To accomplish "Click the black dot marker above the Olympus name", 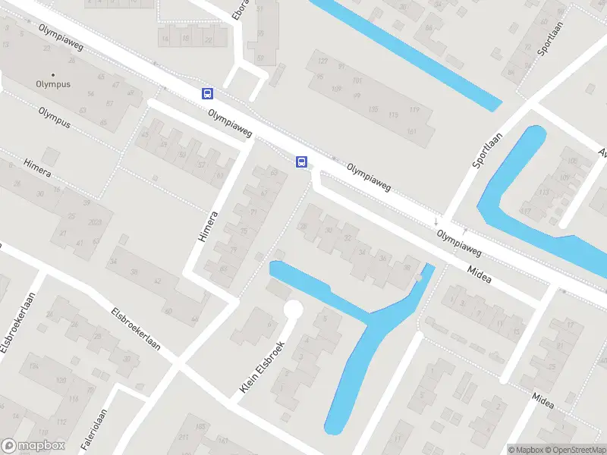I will coord(52,74).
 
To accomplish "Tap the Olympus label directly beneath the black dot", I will coord(52,84).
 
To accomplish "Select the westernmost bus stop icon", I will coord(207,93).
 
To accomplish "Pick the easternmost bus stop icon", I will coord(301,161).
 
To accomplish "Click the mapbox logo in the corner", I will coord(33,447).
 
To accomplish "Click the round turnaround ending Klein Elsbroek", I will coord(293,310).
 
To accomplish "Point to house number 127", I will coord(322,61).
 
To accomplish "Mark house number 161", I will coord(411,132).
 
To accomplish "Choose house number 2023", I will coord(96,221).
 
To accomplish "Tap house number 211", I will coord(183,438).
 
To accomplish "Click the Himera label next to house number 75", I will coord(207,227).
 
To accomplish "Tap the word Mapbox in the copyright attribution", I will coord(528,450).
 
